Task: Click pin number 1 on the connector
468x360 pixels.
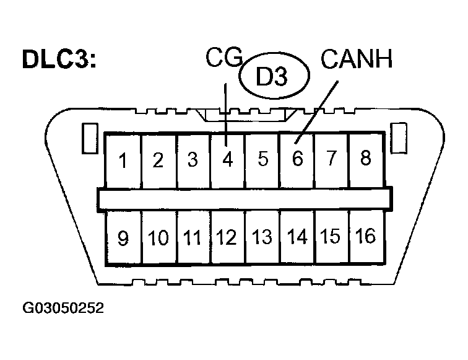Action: click(124, 160)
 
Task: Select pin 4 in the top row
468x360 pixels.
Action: click(228, 160)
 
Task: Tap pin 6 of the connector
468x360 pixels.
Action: click(297, 159)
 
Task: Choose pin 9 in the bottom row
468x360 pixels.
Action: click(124, 239)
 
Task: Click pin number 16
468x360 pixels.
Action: click(366, 236)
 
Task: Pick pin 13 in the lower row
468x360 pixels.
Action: click(262, 237)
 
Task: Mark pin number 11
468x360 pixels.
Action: click(193, 238)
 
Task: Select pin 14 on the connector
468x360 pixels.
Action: click(297, 237)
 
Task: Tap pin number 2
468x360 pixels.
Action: click(158, 160)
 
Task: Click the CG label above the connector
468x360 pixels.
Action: click(225, 60)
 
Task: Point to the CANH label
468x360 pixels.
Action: click(357, 60)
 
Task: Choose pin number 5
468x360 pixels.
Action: click(263, 160)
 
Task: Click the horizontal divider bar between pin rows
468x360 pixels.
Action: click(245, 198)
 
